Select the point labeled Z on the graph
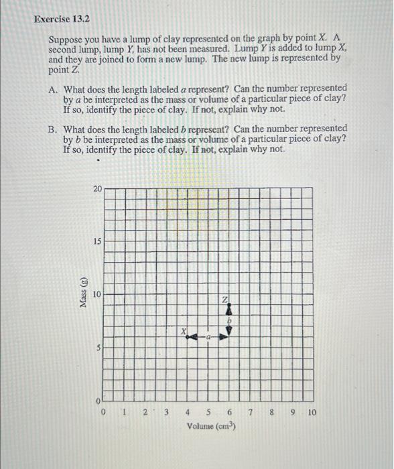click(229, 305)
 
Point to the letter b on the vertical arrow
click(229, 322)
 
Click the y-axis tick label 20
click(98, 189)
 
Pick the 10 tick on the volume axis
click(312, 413)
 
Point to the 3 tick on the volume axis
click(167, 413)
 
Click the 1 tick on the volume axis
click(125, 413)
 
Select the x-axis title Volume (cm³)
click(208, 426)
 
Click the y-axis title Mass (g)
click(83, 294)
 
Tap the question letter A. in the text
click(53, 88)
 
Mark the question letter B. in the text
click(53, 128)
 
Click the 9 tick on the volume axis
click(292, 413)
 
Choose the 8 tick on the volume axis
click(271, 413)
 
